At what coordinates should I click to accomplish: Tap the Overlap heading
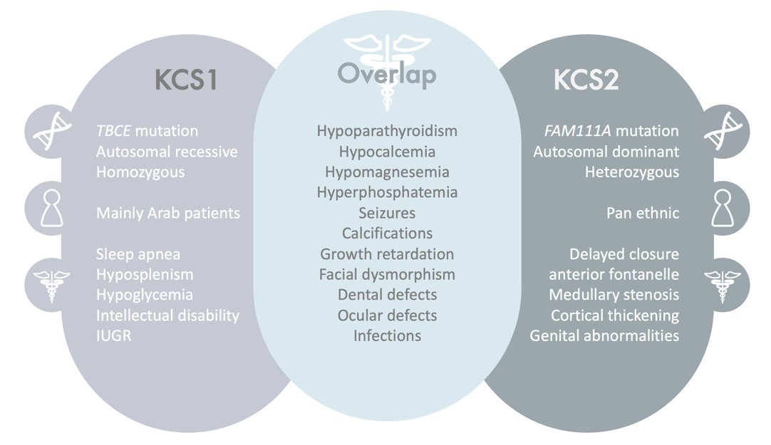tap(386, 74)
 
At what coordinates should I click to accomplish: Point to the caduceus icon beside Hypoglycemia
tap(46, 285)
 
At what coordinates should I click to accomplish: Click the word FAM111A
tap(574, 131)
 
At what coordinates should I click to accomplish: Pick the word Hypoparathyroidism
tap(387, 131)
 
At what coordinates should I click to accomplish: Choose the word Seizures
tap(387, 213)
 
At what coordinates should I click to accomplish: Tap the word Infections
tap(387, 335)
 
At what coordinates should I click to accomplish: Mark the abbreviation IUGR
tap(113, 335)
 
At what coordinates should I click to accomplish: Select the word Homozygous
tap(140, 172)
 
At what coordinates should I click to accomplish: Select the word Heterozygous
tap(632, 172)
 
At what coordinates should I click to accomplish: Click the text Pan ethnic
tap(643, 213)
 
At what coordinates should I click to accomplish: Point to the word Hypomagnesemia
tap(387, 172)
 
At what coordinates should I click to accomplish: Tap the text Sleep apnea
tap(138, 254)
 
